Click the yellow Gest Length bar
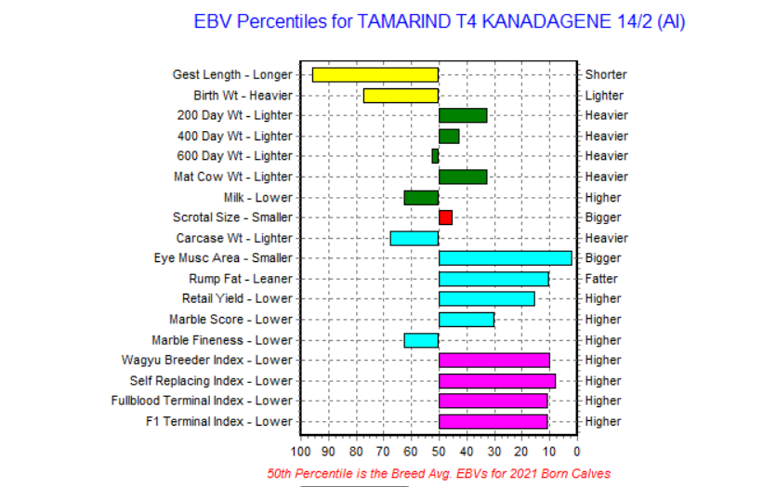point(375,75)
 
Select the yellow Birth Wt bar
point(401,96)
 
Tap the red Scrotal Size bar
point(445,217)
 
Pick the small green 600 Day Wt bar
point(435,156)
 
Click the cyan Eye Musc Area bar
point(505,258)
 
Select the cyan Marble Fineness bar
point(421,340)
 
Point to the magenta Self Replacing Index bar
point(497,381)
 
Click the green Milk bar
point(421,198)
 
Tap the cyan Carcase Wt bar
point(414,239)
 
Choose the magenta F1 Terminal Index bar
point(493,422)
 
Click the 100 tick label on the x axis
point(300,452)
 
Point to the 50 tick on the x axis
point(439,452)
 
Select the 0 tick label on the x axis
point(576,452)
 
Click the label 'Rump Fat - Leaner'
point(241,279)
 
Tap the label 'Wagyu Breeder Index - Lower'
point(207,360)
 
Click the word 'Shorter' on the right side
point(606,74)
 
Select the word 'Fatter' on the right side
point(601,279)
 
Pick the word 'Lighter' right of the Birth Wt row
point(604,96)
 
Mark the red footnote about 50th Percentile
point(439,473)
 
